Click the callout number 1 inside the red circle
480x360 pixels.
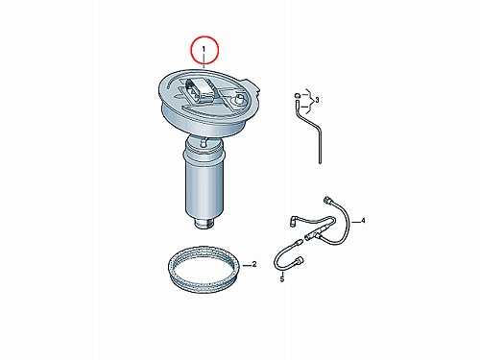coord(204,50)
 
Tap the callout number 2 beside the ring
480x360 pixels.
coord(254,264)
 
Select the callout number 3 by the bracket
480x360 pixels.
coord(317,100)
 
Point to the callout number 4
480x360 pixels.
coord(363,221)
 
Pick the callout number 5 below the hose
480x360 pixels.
coord(282,279)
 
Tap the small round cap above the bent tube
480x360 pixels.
coord(297,95)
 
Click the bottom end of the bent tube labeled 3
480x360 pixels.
coord(320,162)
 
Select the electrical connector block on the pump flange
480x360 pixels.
coord(200,89)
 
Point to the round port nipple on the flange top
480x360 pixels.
coord(238,99)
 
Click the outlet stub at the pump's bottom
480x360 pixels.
coord(204,224)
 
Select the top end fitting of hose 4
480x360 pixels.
coord(326,200)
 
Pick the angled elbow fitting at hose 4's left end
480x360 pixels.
coord(293,222)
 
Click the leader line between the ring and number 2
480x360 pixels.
coord(246,265)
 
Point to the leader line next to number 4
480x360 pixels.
coord(355,222)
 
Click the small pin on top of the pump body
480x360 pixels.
coord(203,143)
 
